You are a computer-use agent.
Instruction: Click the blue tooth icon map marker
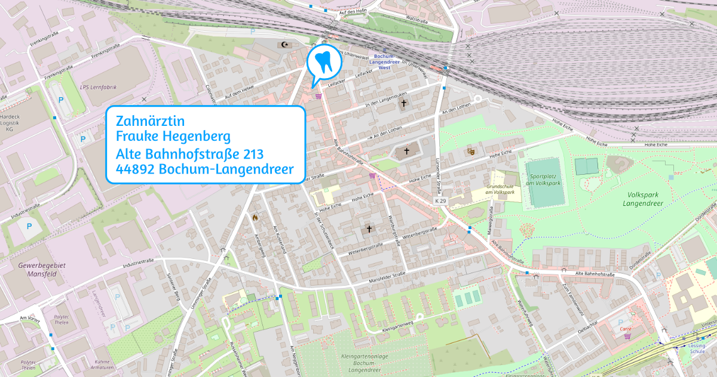(x=323, y=61)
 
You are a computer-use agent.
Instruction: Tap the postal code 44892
(x=136, y=169)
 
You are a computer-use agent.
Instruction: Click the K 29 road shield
(x=440, y=202)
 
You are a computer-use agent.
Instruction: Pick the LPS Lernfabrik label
(x=98, y=87)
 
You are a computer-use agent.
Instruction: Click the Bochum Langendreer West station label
(x=379, y=61)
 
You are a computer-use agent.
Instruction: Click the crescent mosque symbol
(x=283, y=44)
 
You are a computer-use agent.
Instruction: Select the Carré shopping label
(x=626, y=329)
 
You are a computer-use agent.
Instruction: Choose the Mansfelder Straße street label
(x=387, y=276)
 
